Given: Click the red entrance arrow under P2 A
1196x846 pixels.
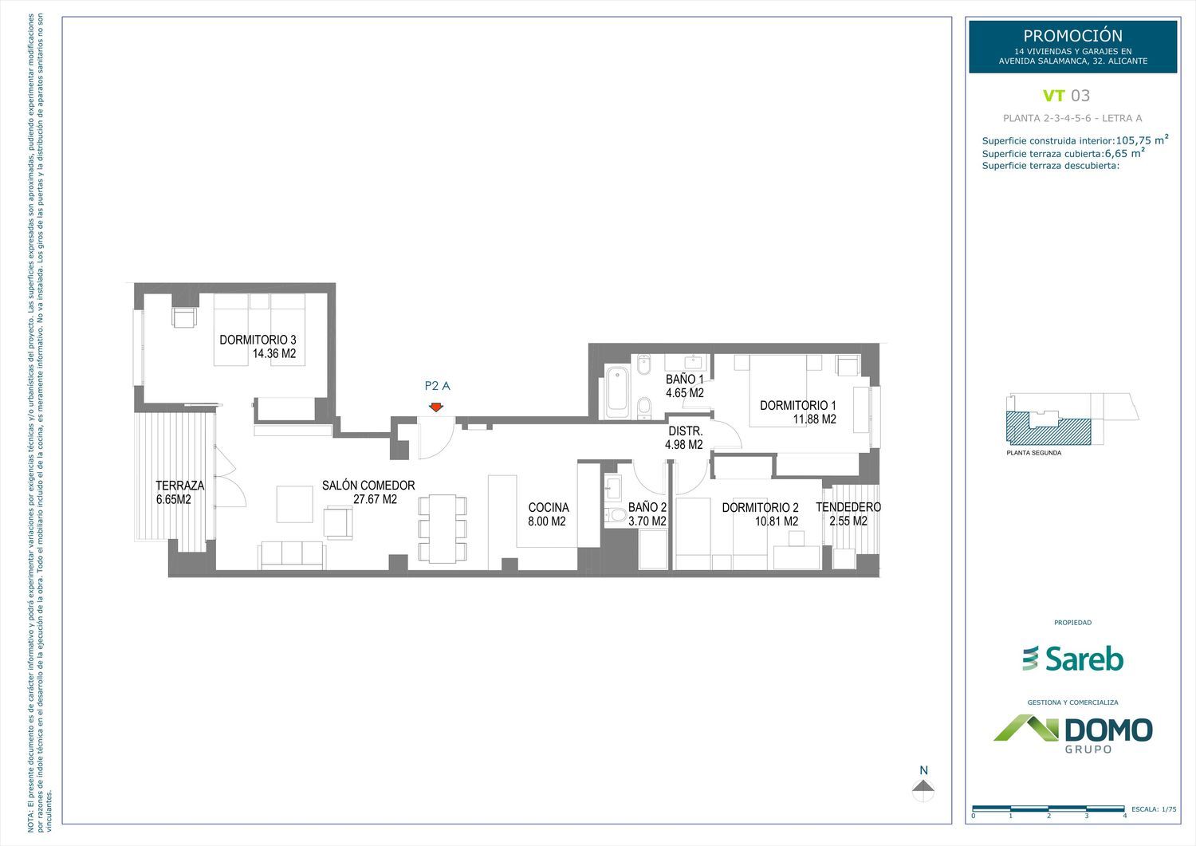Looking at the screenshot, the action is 436,407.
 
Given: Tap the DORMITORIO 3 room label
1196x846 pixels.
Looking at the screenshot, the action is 258,340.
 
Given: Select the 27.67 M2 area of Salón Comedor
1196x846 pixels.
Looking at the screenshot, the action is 375,499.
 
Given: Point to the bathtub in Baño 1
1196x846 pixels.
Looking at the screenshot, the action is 616,391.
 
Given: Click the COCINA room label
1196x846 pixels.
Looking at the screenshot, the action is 549,507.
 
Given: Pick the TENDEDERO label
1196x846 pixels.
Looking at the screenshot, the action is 848,507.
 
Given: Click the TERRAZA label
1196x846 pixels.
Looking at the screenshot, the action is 180,486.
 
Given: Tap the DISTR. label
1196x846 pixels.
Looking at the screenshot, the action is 686,431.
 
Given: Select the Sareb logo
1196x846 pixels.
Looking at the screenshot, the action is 1072,659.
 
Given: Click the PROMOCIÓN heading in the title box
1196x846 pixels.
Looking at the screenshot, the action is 1072,36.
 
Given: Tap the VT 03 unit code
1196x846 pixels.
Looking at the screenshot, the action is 1066,96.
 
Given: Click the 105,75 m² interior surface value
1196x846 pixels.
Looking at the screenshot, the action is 1142,140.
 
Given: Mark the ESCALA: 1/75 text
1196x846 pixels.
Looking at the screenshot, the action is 1154,809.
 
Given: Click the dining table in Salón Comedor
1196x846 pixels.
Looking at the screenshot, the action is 443,529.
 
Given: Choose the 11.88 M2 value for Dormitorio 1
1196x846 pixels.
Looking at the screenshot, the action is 814,419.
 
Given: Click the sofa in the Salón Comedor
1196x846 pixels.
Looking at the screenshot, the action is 292,556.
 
